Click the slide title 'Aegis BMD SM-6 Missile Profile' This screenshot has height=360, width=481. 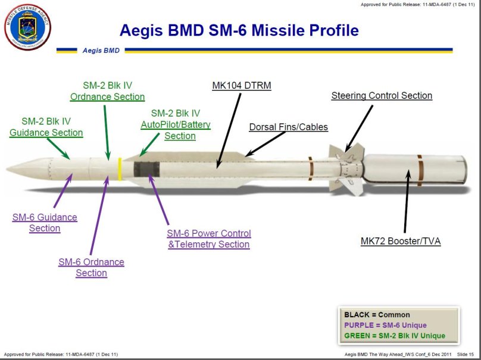239,30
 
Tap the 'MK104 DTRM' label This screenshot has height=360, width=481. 241,86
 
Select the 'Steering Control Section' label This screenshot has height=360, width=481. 382,95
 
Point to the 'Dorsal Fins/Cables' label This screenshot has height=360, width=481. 288,127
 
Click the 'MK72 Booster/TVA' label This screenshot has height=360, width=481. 400,241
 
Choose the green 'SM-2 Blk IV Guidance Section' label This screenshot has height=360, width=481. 46,127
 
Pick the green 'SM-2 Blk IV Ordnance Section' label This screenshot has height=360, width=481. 107,91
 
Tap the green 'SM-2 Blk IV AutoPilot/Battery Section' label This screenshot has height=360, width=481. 175,124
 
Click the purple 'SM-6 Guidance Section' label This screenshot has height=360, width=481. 45,223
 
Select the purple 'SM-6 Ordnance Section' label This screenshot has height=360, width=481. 91,267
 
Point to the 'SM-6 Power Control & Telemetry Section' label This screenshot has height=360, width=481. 208,239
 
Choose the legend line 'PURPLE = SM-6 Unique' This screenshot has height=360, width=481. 385,325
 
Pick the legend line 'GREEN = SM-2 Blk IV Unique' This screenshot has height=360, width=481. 394,336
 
